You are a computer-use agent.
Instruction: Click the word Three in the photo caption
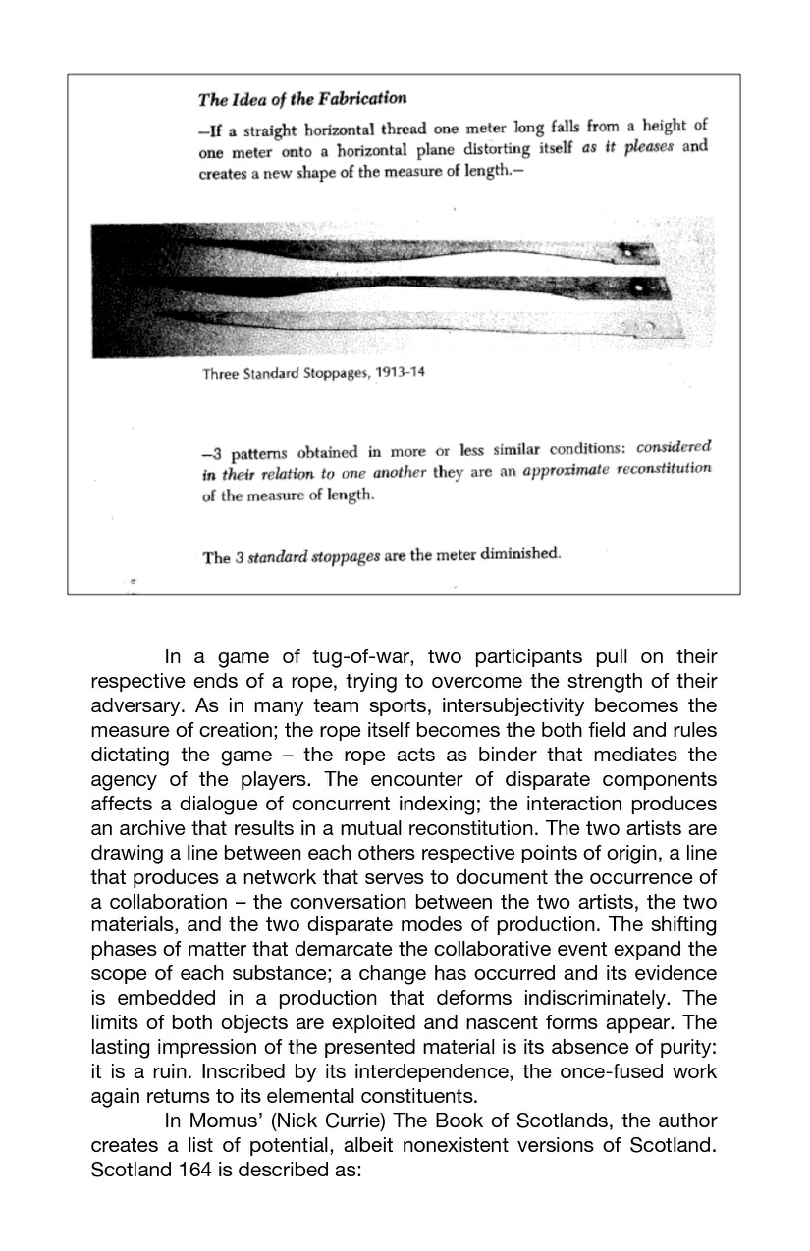[222, 374]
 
